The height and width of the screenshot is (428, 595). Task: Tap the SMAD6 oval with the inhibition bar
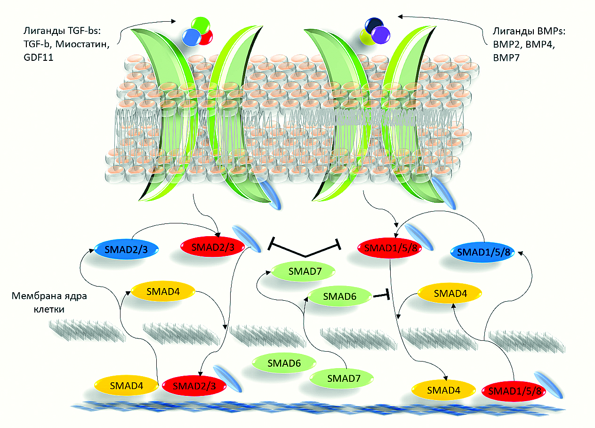point(339,297)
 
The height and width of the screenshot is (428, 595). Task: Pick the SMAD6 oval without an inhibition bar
point(284,363)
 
